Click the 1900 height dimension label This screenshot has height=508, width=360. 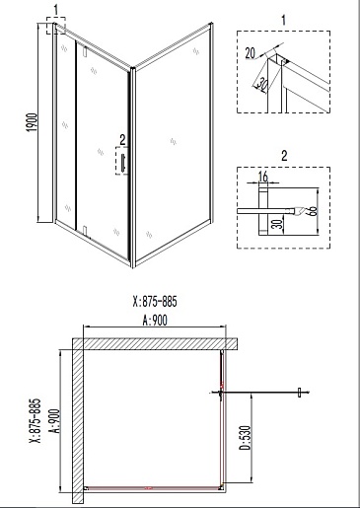(x=33, y=122)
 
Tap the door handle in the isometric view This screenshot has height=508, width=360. (x=123, y=163)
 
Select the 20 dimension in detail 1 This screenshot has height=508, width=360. (x=251, y=52)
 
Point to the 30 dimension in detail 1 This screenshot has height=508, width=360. (x=261, y=84)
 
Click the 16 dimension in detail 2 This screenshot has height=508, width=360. (x=263, y=177)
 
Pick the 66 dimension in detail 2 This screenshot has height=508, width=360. (x=313, y=211)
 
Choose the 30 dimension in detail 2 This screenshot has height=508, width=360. (x=278, y=224)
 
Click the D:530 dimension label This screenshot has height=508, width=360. (x=247, y=438)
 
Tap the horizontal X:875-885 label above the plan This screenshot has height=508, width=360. (x=155, y=301)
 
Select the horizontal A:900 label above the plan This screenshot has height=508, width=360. (x=155, y=320)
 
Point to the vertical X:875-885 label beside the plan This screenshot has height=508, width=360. (x=35, y=420)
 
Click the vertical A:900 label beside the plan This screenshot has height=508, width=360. (x=55, y=421)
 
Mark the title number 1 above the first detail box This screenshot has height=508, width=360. (x=284, y=20)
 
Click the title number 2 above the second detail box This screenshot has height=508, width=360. (x=284, y=156)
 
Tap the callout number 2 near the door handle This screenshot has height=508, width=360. (x=122, y=140)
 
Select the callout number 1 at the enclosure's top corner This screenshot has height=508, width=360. (x=56, y=10)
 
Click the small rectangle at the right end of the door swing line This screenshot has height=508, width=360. (x=299, y=393)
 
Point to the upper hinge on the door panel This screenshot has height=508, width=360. (x=85, y=52)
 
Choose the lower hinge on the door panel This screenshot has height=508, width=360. (x=85, y=230)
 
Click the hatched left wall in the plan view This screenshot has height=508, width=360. (x=78, y=421)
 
